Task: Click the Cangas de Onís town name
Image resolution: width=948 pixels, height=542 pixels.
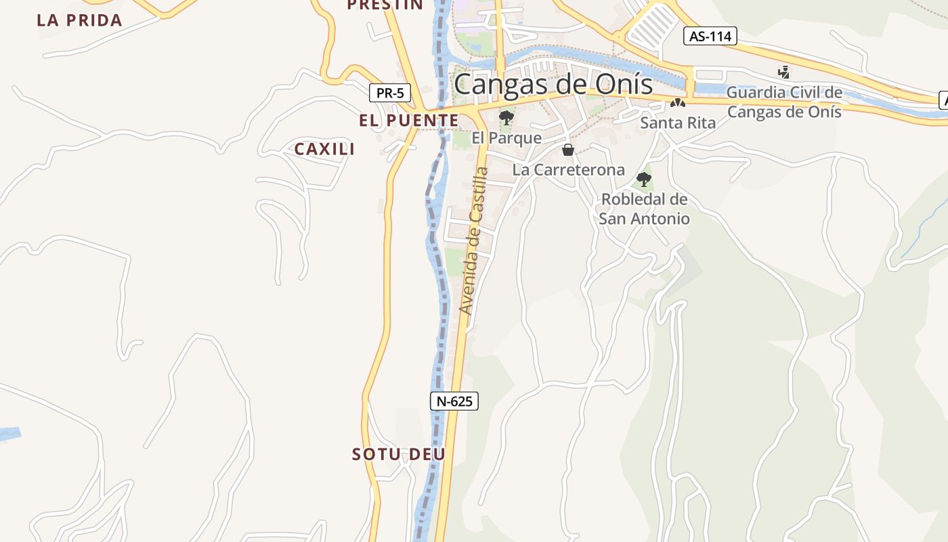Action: click(553, 85)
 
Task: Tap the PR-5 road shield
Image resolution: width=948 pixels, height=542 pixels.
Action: click(390, 93)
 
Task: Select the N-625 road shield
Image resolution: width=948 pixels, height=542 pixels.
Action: click(454, 401)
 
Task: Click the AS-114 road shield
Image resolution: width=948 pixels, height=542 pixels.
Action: click(710, 36)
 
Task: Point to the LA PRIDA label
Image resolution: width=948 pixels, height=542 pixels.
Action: click(79, 20)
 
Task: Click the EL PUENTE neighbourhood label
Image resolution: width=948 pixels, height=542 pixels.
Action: click(408, 121)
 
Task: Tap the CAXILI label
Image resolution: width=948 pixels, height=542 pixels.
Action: click(324, 149)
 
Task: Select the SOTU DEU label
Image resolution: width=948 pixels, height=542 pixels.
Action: click(398, 454)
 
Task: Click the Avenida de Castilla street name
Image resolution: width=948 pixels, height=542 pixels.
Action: click(474, 241)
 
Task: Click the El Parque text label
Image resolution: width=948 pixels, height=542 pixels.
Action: click(507, 138)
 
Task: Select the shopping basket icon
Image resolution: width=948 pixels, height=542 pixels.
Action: click(568, 150)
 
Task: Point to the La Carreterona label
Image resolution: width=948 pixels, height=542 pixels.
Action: click(568, 170)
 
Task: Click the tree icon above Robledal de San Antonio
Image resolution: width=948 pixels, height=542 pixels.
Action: click(643, 180)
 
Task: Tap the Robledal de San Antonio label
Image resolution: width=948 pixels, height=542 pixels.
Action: click(644, 209)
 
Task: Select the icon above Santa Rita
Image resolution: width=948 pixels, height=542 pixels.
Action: click(677, 104)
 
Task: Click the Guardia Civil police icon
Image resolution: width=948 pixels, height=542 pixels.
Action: click(784, 72)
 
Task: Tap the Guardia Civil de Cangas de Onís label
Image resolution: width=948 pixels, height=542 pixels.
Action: click(784, 102)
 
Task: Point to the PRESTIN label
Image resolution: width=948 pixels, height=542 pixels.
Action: click(385, 5)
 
